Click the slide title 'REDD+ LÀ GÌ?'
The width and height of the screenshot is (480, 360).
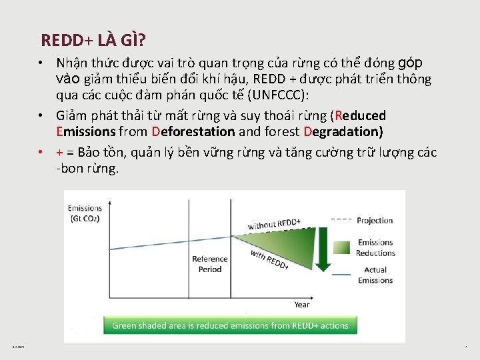(93, 40)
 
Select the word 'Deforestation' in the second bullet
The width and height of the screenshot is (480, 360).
(193, 131)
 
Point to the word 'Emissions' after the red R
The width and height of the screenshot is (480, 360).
(86, 131)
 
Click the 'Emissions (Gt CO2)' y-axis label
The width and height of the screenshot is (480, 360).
(85, 213)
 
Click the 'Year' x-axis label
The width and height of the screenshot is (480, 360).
(301, 305)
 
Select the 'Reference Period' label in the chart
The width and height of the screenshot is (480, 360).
(210, 264)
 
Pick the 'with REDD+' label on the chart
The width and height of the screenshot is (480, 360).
(269, 259)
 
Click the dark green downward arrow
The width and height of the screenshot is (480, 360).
(323, 250)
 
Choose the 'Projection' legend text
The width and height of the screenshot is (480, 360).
(375, 221)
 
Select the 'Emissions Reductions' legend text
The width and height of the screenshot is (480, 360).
(375, 247)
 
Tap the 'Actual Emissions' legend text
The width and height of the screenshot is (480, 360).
(375, 275)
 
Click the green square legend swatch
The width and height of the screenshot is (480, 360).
(341, 247)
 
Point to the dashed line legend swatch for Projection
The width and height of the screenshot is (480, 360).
(341, 219)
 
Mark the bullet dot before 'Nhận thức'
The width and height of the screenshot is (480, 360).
(41, 63)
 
